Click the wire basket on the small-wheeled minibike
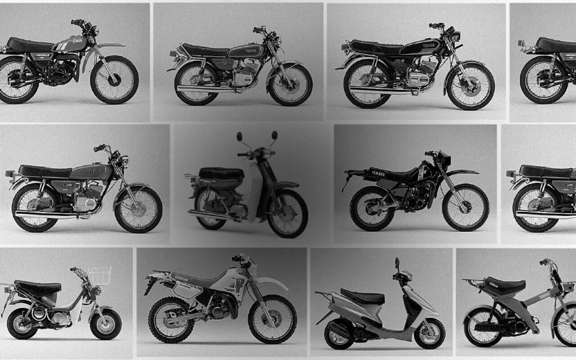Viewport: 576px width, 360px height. (x=99, y=276)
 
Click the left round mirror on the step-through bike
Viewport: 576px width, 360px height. (x=240, y=137)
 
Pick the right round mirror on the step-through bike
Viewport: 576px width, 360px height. (x=274, y=136)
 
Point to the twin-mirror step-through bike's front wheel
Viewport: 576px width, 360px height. (x=287, y=213)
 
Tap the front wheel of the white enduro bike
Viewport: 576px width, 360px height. (x=272, y=319)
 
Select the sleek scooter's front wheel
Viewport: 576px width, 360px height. (x=429, y=334)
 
